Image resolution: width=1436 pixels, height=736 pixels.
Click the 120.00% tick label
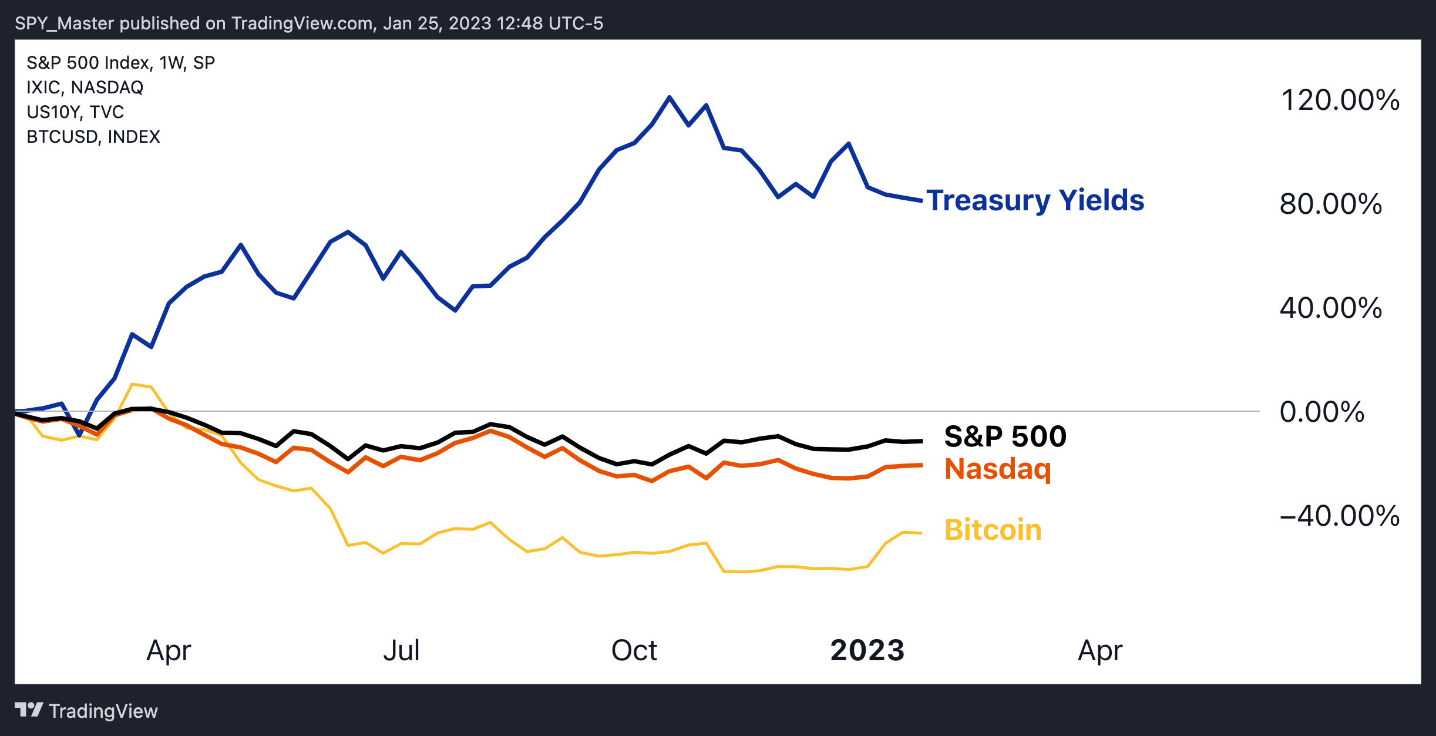pos(1340,100)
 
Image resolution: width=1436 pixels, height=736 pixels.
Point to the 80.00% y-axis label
pos(1331,204)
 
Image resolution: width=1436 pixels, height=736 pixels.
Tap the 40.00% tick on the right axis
pos(1331,308)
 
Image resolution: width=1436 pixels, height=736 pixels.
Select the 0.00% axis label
pos(1322,412)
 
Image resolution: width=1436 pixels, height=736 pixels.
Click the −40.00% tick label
pos(1340,516)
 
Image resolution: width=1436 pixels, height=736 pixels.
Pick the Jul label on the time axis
pos(402,650)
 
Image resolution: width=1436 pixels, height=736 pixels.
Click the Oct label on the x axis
pos(634,650)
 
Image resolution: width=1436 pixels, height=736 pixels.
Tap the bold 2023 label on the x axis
pos(867,650)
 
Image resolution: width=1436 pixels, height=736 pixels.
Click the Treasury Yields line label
pos(1035,201)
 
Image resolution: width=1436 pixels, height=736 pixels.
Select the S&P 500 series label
pos(1005,436)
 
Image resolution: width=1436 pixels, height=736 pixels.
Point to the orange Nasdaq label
pos(998,469)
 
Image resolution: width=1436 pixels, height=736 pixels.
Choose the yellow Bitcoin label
pos(993,530)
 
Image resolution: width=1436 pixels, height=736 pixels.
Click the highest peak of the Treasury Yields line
pos(670,97)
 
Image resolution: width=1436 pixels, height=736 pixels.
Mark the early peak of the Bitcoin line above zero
pos(133,384)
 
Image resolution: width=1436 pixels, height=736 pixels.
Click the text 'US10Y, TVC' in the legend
pos(76,112)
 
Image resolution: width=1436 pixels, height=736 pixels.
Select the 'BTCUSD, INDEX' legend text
pos(93,136)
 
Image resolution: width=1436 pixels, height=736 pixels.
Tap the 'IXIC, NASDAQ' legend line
pos(85,87)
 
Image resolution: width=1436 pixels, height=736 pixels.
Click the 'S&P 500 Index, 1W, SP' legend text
pos(121,62)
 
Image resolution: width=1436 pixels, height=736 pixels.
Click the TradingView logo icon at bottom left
pos(29,710)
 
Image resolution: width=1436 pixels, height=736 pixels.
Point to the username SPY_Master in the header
pos(65,23)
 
